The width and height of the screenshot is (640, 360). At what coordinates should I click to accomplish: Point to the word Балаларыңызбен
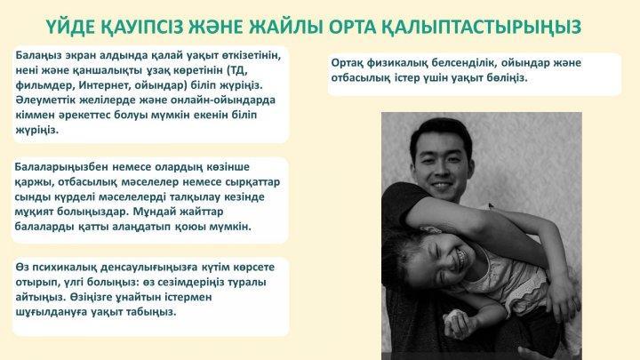(x=61, y=167)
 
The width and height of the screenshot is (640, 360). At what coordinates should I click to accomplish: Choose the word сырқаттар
(x=255, y=182)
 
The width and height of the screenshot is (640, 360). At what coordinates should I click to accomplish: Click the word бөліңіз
(x=507, y=77)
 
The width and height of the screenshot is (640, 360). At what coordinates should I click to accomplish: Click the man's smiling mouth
(x=443, y=186)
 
